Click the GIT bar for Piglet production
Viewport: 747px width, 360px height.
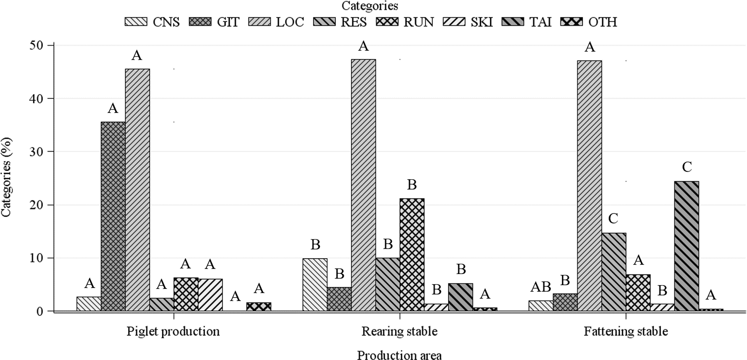pos(113,216)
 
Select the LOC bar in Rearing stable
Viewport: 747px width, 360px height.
pos(363,185)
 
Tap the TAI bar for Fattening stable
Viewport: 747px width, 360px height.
pos(686,246)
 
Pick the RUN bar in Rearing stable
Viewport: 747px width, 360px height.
pos(412,254)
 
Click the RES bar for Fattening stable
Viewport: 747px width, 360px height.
pos(614,272)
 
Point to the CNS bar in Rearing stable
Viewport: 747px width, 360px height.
pos(315,284)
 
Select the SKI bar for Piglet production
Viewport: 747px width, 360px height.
pos(210,295)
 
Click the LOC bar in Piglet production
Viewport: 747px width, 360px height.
pos(137,190)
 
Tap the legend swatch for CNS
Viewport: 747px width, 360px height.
pos(136,22)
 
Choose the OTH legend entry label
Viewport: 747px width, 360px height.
pos(602,22)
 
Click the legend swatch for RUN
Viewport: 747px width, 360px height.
pos(387,22)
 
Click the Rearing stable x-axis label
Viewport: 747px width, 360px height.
pos(399,331)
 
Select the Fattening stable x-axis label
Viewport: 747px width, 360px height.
pos(626,331)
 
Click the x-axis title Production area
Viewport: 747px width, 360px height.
pos(399,355)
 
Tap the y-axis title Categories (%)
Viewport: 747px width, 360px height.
pos(6,177)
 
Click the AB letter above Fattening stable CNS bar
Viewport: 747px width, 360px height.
pos(540,287)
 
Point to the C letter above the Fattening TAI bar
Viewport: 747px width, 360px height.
pos(687,167)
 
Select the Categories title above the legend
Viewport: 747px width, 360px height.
pos(370,6)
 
